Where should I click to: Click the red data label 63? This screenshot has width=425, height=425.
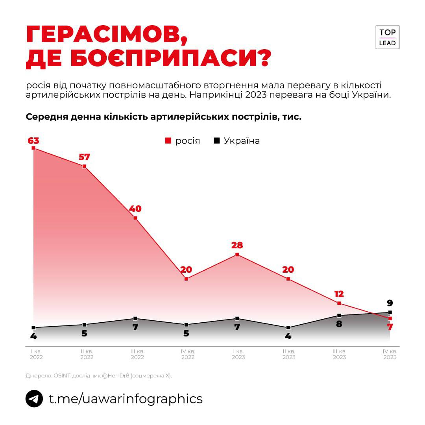pos(33,140)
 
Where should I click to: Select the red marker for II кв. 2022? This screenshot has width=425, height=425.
pos(84,166)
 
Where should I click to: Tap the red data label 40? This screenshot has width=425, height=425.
pos(135,209)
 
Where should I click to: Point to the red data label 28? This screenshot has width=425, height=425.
pos(237,246)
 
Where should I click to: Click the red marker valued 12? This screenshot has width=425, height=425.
pos(339,303)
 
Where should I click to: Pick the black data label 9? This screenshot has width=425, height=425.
pos(390,303)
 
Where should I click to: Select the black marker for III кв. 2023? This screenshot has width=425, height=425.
pos(339,315)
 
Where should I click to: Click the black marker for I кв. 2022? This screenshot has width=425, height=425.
pos(33,327)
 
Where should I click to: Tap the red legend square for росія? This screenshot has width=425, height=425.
pos(168,140)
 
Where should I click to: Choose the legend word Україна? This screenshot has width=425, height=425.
pos(242,141)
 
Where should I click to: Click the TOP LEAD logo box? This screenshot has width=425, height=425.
pos(387,37)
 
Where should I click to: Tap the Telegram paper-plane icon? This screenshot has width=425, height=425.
pos(34,399)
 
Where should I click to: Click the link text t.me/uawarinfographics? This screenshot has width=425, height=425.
pos(126,399)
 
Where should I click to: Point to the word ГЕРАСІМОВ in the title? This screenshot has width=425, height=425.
pos(106,35)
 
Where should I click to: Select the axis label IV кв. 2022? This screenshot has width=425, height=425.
pos(188,354)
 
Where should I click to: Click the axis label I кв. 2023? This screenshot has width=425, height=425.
pos(238,354)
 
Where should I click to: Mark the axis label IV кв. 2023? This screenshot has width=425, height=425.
pos(390,354)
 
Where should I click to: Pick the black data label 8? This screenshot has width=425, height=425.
pos(339,324)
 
